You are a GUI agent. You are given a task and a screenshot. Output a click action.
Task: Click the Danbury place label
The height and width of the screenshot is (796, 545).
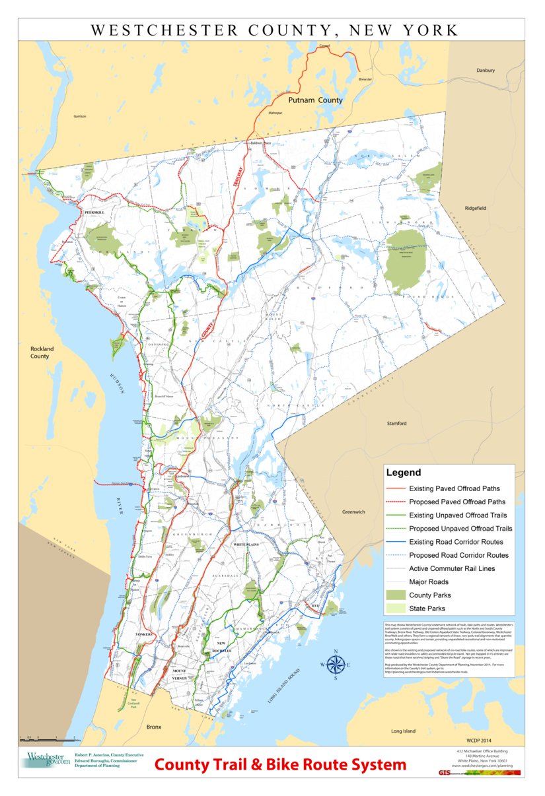(x=485, y=70)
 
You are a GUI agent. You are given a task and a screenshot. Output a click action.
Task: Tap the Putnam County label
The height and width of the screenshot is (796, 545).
(x=316, y=100)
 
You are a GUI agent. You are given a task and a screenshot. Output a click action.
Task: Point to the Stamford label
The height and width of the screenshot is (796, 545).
(x=396, y=423)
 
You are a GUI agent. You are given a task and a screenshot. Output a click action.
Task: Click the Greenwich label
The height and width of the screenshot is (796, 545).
(x=353, y=512)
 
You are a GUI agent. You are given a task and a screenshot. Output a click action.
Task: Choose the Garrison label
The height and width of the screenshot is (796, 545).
(x=80, y=116)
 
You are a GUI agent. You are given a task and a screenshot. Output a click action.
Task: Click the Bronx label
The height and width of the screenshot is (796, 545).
(x=153, y=726)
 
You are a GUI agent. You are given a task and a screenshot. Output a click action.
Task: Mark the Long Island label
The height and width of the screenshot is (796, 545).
(x=403, y=731)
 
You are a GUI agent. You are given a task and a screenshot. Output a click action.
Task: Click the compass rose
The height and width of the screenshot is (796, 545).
(x=336, y=665)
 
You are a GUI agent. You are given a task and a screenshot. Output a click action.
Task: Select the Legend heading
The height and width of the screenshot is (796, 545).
(x=403, y=473)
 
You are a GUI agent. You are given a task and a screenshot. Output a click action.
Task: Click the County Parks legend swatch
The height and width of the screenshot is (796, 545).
(x=394, y=595)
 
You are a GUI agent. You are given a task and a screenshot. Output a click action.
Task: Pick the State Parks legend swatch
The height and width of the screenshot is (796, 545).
(x=394, y=609)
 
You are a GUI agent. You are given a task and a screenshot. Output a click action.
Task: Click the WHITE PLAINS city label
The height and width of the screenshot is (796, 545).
(x=248, y=545)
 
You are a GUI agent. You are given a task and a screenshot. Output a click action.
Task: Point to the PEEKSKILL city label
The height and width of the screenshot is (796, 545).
(x=95, y=213)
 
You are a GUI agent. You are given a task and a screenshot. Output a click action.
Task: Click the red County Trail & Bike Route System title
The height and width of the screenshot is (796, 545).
(x=280, y=765)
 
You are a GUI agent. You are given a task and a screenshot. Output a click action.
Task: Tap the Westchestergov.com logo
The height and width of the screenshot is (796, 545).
(x=48, y=760)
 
